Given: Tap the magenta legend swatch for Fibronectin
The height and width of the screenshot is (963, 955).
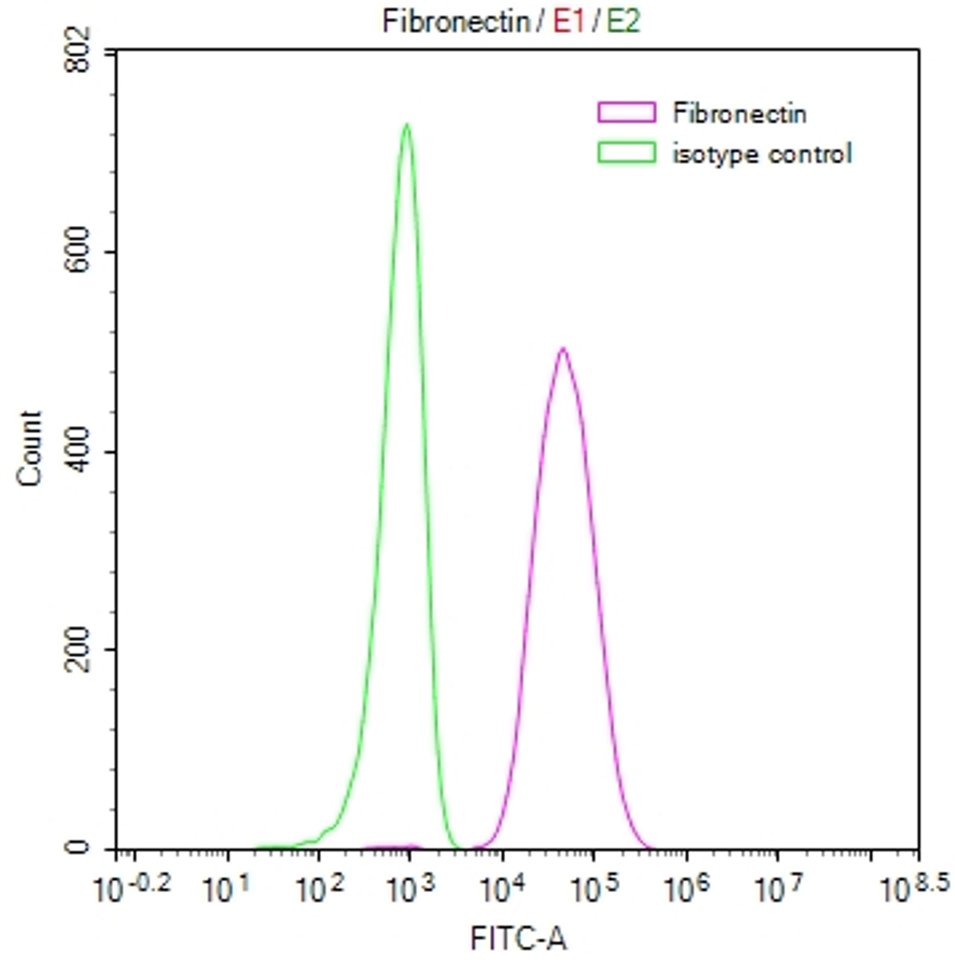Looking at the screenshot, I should coord(626,112).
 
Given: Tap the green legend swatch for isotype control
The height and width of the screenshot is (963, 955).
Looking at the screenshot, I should coord(626,152).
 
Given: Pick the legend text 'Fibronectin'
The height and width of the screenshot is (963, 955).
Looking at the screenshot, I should coord(739,114).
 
